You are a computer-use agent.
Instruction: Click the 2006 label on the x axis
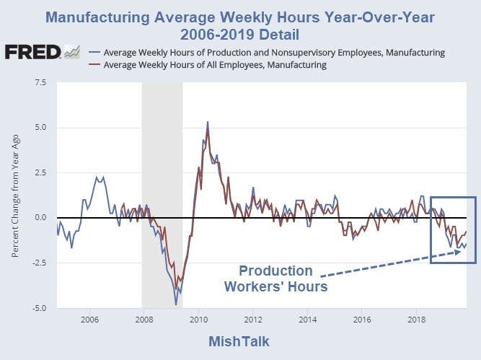89,319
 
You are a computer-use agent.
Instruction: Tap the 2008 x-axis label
144,319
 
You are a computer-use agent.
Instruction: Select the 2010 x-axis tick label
198,319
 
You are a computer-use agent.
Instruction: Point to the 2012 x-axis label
253,319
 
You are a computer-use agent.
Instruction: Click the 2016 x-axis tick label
362,319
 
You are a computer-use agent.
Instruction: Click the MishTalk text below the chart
240,341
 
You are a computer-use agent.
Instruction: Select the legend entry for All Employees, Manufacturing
216,65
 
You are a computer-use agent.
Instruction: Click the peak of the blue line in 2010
208,123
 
